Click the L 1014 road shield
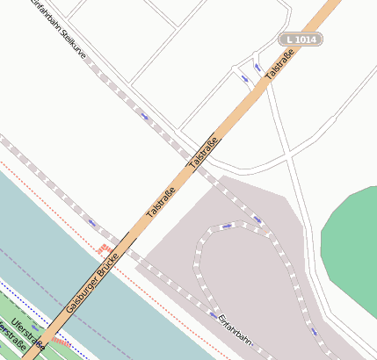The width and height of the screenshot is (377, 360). tap(300, 40)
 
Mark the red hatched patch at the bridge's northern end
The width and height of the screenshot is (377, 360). tap(105, 249)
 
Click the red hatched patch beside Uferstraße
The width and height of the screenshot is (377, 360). tap(60, 340)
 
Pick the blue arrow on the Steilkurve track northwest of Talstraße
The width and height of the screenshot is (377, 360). tap(144, 116)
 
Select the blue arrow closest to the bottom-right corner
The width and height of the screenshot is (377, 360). tap(314, 331)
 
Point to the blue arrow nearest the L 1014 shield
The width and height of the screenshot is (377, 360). tap(257, 67)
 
